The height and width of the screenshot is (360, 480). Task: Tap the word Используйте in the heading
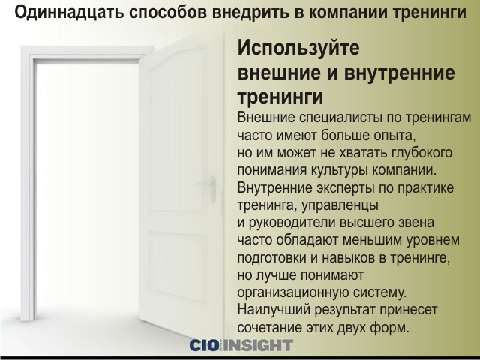point(298,48)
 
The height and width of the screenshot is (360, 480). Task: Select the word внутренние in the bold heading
point(400,73)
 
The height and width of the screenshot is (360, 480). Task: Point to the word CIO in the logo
point(205,345)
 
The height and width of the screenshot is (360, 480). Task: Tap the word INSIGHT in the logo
point(258,345)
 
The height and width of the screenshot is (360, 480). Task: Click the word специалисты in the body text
point(340,118)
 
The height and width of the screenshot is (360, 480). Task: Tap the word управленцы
point(340,205)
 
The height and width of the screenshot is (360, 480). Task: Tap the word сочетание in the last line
point(269,327)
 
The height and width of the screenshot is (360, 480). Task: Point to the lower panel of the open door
point(177,265)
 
